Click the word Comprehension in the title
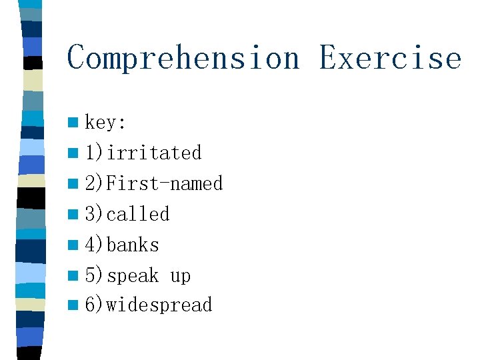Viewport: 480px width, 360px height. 183,58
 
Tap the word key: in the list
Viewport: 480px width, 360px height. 105,123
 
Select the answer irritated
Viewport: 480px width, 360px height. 154,153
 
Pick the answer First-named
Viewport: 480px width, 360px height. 164,183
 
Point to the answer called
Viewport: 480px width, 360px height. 138,214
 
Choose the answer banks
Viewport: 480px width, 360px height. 133,245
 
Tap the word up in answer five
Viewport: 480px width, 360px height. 180,276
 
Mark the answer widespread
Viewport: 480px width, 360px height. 159,305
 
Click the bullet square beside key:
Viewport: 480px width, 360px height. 72,123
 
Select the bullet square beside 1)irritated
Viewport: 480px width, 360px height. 72,153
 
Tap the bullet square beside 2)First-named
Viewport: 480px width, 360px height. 72,184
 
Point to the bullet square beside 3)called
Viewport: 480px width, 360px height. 72,215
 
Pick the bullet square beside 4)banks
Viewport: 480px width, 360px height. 72,245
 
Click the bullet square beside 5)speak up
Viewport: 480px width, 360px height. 72,275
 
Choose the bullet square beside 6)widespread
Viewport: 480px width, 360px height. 72,306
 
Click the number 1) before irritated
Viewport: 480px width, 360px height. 94,153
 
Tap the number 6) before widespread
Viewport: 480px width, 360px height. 94,305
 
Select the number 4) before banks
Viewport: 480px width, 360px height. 94,245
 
